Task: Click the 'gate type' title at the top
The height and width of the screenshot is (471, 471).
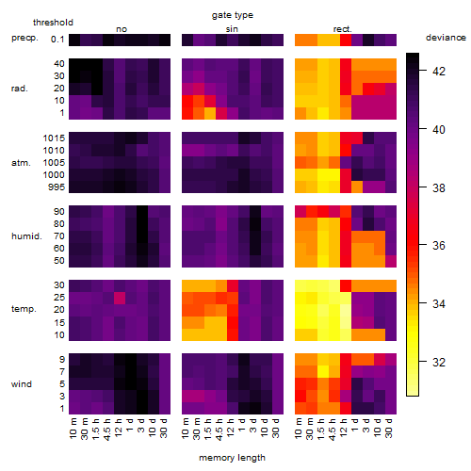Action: (x=233, y=15)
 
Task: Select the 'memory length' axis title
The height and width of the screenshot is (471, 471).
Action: (x=232, y=458)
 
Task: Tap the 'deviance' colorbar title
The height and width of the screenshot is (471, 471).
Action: (x=446, y=38)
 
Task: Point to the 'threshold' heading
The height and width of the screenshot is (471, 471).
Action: (x=53, y=23)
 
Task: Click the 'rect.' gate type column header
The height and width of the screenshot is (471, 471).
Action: (x=343, y=29)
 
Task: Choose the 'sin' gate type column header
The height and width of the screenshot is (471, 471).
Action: (x=232, y=29)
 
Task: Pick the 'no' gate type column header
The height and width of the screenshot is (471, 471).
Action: (x=122, y=29)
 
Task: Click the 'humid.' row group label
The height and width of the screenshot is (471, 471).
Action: (x=26, y=236)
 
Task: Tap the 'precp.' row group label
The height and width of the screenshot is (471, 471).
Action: (x=24, y=39)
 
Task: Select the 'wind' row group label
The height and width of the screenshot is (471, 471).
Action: (x=22, y=384)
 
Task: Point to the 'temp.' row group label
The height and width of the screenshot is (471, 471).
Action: (x=24, y=309)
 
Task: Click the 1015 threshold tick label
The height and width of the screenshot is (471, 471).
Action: (x=54, y=138)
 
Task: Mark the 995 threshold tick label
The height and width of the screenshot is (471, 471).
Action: (x=57, y=187)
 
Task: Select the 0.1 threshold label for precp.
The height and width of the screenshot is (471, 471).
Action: (x=57, y=40)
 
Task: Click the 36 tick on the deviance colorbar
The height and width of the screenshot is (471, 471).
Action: (x=439, y=245)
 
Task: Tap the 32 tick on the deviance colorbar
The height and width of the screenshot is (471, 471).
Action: (x=439, y=363)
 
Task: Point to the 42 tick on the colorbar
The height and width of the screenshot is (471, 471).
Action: (x=439, y=72)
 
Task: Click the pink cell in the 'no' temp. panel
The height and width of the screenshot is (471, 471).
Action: (x=120, y=298)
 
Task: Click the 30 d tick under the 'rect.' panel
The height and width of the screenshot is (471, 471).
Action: (x=389, y=428)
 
